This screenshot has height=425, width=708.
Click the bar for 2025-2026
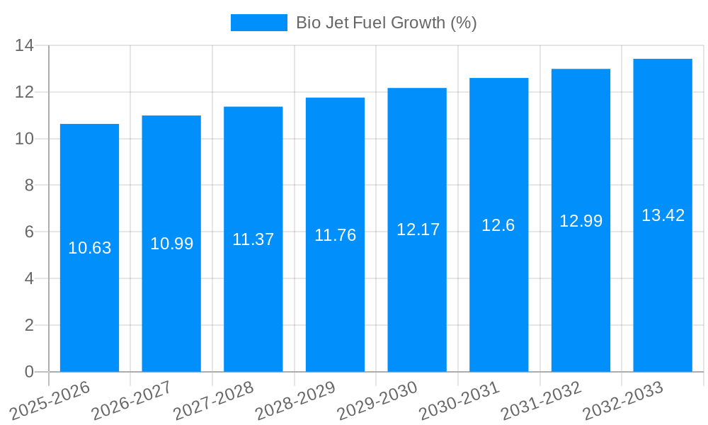point(89,248)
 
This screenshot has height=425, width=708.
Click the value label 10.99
point(171,244)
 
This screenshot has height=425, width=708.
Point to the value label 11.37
point(253,239)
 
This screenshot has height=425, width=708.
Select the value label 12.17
point(418,229)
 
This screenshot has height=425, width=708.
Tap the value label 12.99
point(581,221)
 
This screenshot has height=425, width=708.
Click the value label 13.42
point(663,215)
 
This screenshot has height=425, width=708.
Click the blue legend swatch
point(258,23)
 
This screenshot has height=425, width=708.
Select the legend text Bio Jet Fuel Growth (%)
point(386,23)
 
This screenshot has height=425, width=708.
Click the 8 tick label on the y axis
point(29,186)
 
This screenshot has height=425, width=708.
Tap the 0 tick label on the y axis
point(29,372)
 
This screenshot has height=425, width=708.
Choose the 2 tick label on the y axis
point(29,325)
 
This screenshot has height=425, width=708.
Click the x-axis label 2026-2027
point(132,401)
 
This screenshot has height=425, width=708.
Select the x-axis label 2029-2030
point(378,401)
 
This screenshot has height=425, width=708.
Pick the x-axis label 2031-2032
point(542,401)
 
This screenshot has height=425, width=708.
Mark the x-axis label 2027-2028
point(215,401)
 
